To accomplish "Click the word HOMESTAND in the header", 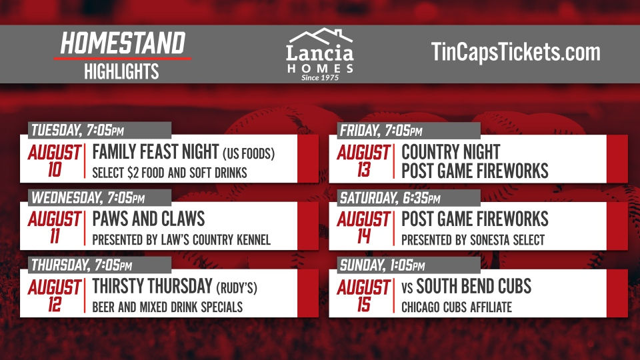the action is pos(123,43).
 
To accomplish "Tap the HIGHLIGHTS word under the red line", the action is pos(121,71).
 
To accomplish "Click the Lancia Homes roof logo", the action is pos(320,36).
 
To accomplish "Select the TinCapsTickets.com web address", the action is pos(515,52).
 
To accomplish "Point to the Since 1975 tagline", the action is pos(320,77).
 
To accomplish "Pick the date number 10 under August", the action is pos(55,170).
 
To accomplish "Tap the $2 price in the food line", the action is pos(133,173).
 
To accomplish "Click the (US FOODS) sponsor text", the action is pos(249,153).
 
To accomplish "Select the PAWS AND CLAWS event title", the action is pos(149,219).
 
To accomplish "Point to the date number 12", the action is pos(55,305).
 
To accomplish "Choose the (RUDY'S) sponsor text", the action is pos(237,288).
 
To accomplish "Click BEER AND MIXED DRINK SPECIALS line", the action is pos(167,307).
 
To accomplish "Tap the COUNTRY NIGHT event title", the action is pos(451,152).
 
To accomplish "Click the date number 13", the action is pos(364,170).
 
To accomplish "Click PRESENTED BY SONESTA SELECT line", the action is pos(473,239).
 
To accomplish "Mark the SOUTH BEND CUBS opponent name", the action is pos(473,286).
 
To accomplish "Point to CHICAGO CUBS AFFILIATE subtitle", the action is pos(456,307).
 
